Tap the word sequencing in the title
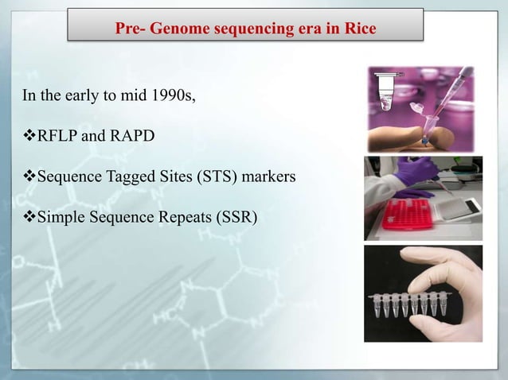[248, 29]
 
